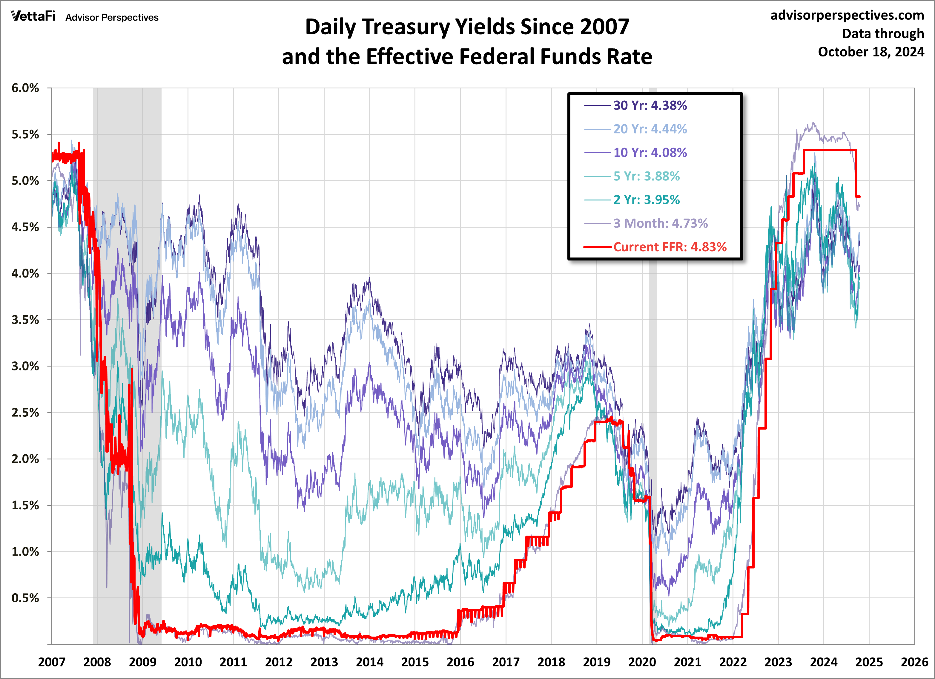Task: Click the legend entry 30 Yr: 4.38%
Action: [650, 106]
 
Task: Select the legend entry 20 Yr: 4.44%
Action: [650, 129]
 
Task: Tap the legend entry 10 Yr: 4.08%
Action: [650, 153]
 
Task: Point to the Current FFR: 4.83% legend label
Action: [670, 247]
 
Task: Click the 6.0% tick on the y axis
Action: [25, 88]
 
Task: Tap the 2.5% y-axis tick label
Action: [25, 413]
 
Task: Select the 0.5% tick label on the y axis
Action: [25, 598]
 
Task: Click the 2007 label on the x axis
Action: [52, 662]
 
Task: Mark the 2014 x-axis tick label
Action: [369, 662]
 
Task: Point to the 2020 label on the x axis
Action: [642, 662]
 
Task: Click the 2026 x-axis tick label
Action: [914, 662]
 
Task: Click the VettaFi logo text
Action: [33, 16]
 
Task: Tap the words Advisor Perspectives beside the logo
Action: [112, 18]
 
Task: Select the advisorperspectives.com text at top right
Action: [847, 15]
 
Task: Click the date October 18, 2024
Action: [871, 52]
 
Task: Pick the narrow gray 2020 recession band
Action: [653, 371]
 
